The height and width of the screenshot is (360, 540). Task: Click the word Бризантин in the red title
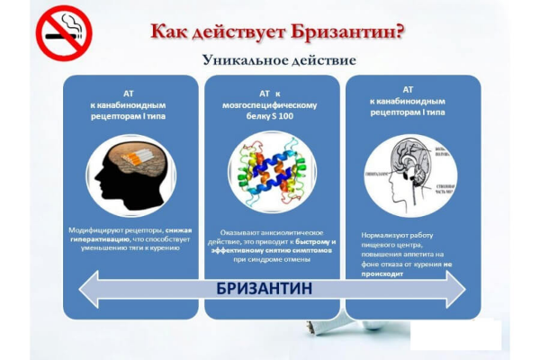[342, 31]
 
